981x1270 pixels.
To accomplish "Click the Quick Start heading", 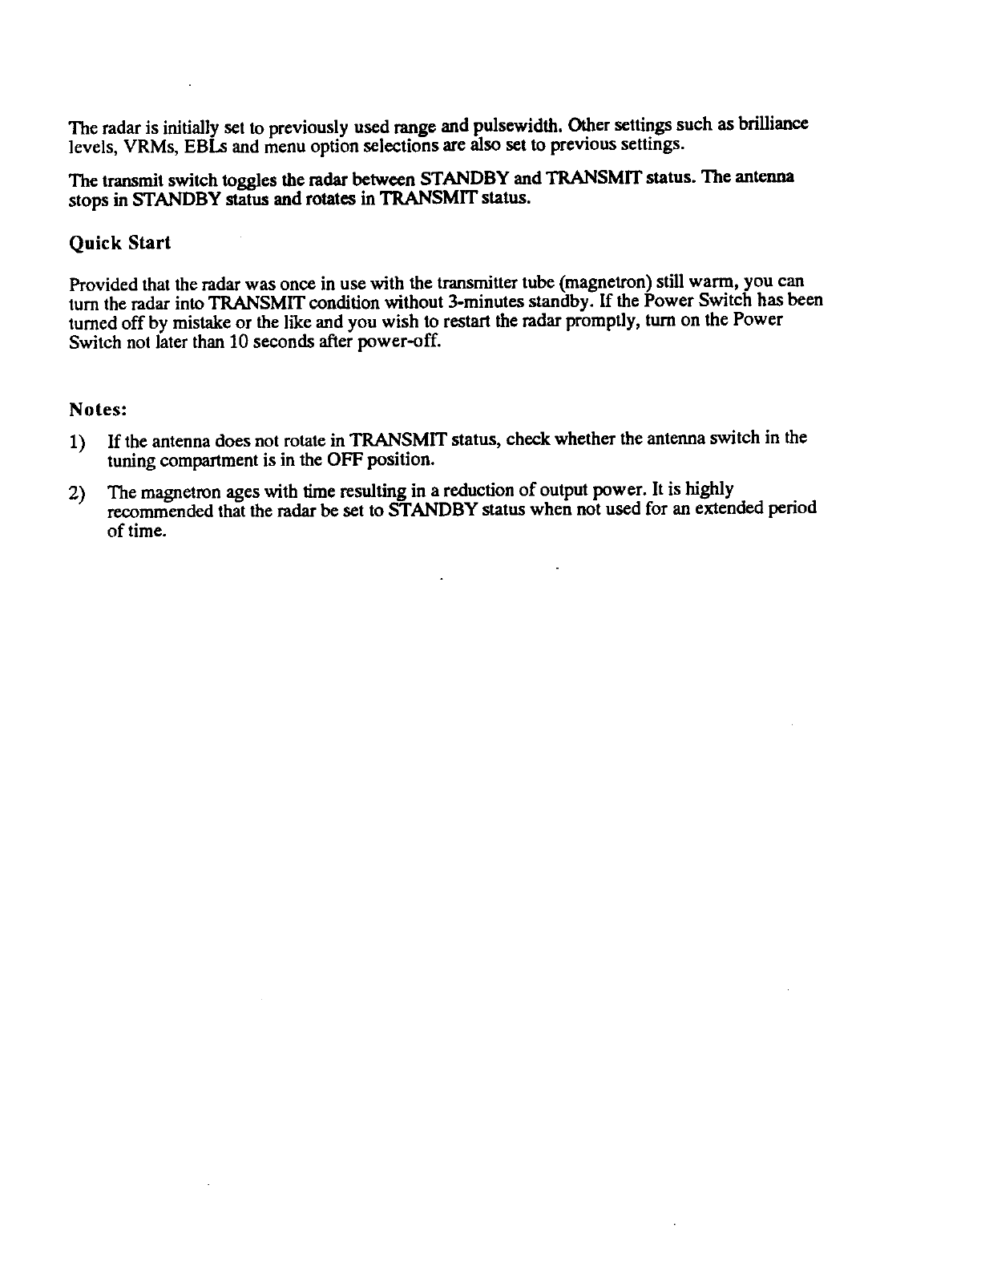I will coord(120,242).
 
